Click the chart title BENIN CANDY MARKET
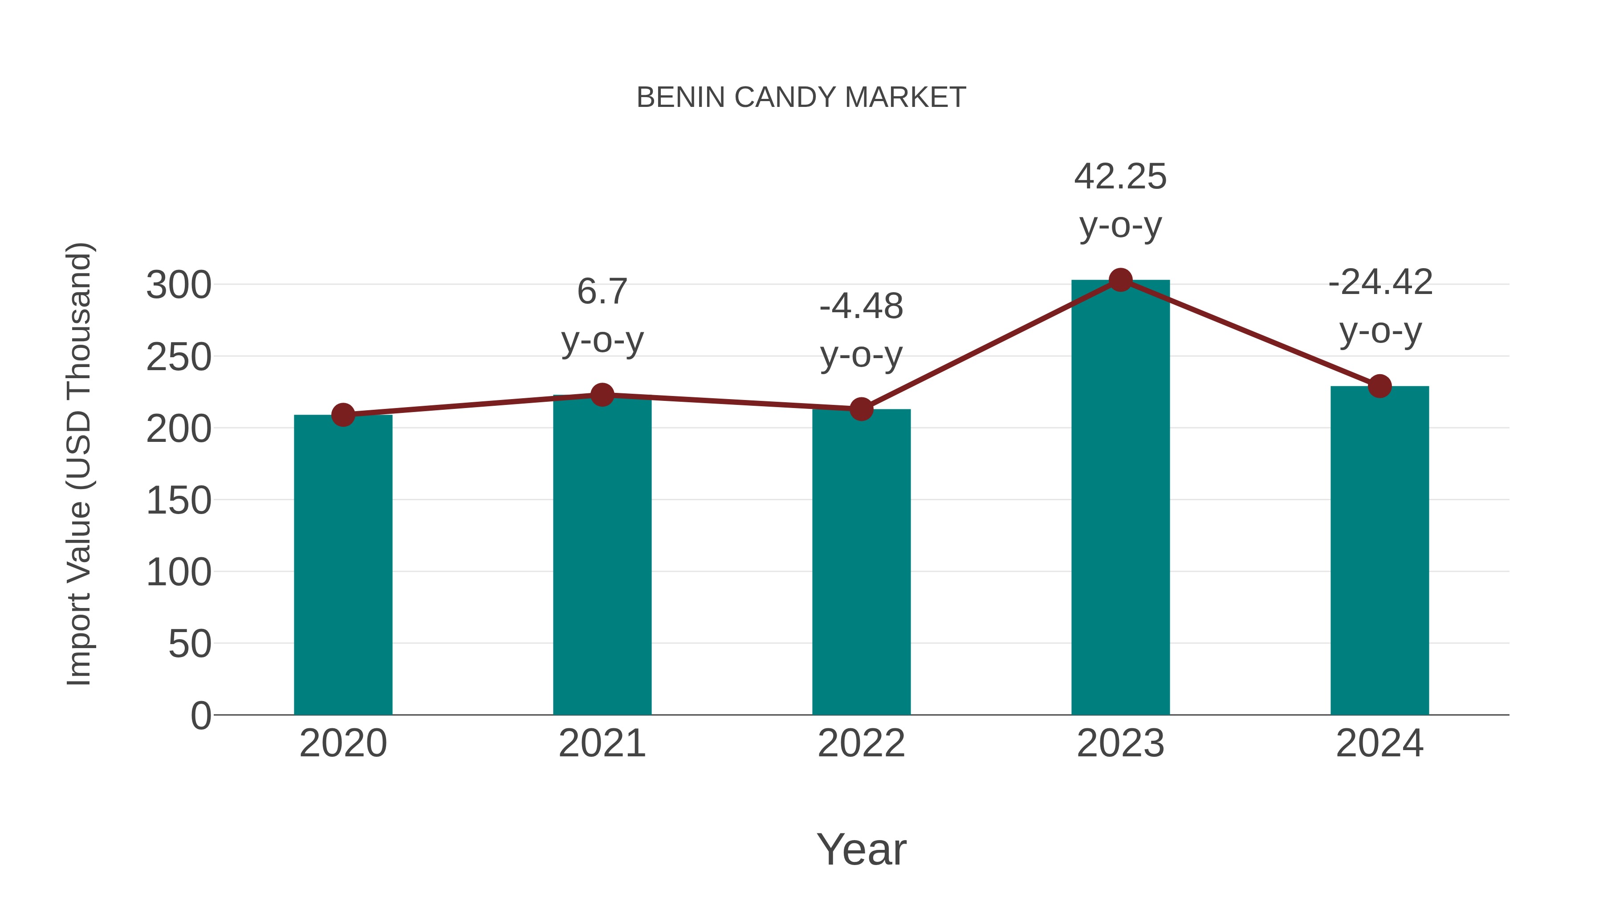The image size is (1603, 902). [x=801, y=98]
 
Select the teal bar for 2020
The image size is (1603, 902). [x=343, y=567]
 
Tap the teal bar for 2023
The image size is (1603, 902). [x=1120, y=498]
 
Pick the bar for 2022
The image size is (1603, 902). [x=861, y=563]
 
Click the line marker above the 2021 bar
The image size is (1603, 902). [x=602, y=395]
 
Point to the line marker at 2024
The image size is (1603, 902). [x=1379, y=386]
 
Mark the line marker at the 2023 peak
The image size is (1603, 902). [x=1120, y=280]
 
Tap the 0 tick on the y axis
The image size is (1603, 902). [x=200, y=715]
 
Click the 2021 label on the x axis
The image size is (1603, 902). [x=602, y=743]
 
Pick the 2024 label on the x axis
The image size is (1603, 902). [x=1379, y=743]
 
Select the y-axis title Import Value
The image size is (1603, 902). [x=80, y=464]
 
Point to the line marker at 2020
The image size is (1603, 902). [x=343, y=415]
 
